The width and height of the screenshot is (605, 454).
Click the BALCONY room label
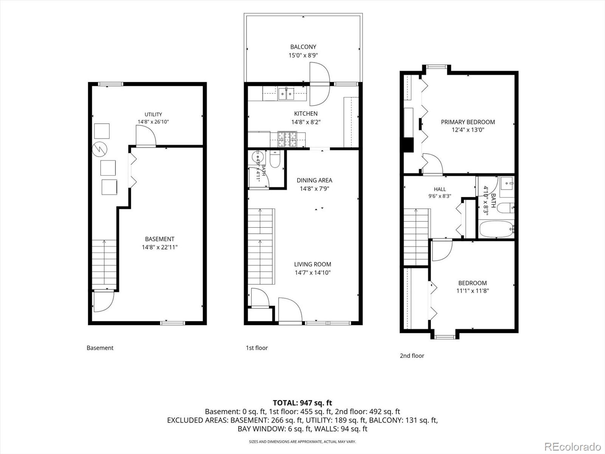click(303, 47)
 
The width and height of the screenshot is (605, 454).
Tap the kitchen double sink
click(286, 94)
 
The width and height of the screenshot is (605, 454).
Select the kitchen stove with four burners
click(287, 140)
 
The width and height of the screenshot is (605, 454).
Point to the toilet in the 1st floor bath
click(275, 159)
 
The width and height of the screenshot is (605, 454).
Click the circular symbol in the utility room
click(100, 149)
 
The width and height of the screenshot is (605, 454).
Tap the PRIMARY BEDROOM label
click(468, 122)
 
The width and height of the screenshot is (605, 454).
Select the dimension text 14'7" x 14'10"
click(313, 273)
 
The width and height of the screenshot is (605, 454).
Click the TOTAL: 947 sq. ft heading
click(302, 403)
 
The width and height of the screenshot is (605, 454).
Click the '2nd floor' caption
click(412, 356)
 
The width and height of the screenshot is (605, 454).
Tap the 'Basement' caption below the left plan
click(100, 348)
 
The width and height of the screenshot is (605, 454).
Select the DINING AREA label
click(314, 180)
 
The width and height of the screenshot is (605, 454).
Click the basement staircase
click(104, 264)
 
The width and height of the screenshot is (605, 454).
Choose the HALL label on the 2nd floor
click(440, 189)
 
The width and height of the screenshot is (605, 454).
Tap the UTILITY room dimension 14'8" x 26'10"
click(153, 121)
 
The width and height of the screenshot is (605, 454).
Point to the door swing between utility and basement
click(146, 135)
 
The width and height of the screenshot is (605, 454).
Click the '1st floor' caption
click(257, 348)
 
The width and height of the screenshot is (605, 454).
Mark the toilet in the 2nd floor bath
click(506, 208)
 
